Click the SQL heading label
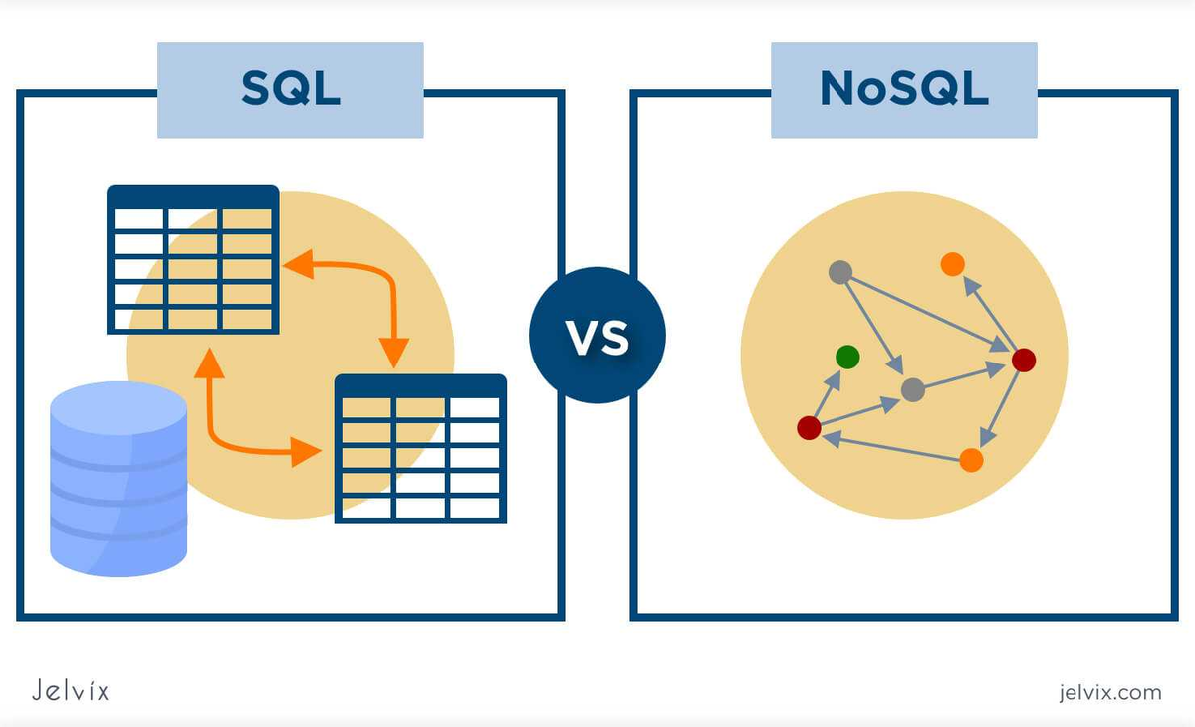point(290,90)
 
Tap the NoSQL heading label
point(903,90)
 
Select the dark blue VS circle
point(597,336)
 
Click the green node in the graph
point(847,356)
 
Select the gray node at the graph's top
point(840,271)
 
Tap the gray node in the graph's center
point(912,389)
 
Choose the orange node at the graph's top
point(952,264)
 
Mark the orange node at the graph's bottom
point(971,459)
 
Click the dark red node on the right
point(1023,360)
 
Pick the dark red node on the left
point(809,427)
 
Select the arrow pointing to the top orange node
point(986,310)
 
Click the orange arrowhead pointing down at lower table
point(394,351)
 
